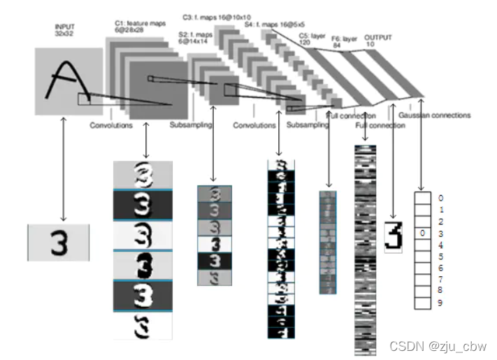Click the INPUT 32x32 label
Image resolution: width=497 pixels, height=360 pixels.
(64, 30)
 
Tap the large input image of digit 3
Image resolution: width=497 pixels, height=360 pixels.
(59, 243)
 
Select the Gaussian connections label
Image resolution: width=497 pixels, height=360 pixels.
(435, 115)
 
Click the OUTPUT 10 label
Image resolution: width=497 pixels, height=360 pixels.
(378, 41)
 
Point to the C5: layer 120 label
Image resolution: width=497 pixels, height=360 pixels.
(312, 38)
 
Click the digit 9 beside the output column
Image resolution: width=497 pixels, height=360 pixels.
(440, 303)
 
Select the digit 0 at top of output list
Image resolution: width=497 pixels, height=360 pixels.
(440, 199)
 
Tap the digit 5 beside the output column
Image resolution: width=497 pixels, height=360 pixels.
(440, 257)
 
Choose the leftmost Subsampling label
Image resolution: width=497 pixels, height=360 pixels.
(191, 126)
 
